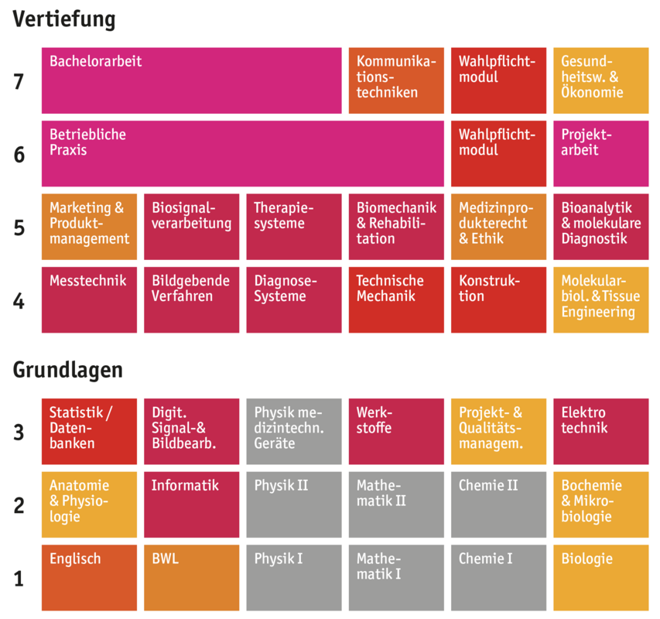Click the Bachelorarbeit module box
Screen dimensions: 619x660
point(191,80)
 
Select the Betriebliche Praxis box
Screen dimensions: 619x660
point(242,153)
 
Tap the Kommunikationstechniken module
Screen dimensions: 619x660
point(396,80)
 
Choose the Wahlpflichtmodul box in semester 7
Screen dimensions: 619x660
point(498,80)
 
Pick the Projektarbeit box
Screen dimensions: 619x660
point(600,153)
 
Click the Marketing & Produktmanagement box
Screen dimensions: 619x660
point(89,227)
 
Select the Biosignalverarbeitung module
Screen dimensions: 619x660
point(191,227)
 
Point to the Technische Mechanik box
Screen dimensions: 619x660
point(396,299)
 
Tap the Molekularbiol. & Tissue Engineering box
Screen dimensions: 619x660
point(600,299)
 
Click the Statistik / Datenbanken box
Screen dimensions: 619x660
point(89,431)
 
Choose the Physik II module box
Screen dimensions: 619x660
point(293,504)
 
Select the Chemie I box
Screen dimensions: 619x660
point(498,577)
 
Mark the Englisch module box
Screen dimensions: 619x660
point(89,577)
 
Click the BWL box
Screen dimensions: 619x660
point(191,577)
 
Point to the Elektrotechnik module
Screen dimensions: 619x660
point(600,431)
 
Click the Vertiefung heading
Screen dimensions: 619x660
point(63,19)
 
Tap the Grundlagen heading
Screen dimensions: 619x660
point(67,370)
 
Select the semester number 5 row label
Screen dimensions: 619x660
point(19,228)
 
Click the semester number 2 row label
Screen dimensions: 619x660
point(19,506)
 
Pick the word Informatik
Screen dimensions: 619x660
point(185,486)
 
